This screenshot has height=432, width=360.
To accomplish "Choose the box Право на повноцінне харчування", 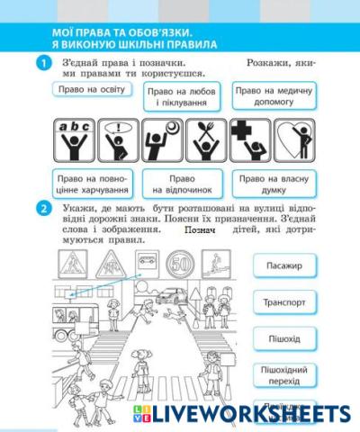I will [x=92, y=184].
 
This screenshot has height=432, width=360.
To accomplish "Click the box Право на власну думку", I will [x=270, y=184].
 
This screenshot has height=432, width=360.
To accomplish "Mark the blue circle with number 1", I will [x=41, y=63].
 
